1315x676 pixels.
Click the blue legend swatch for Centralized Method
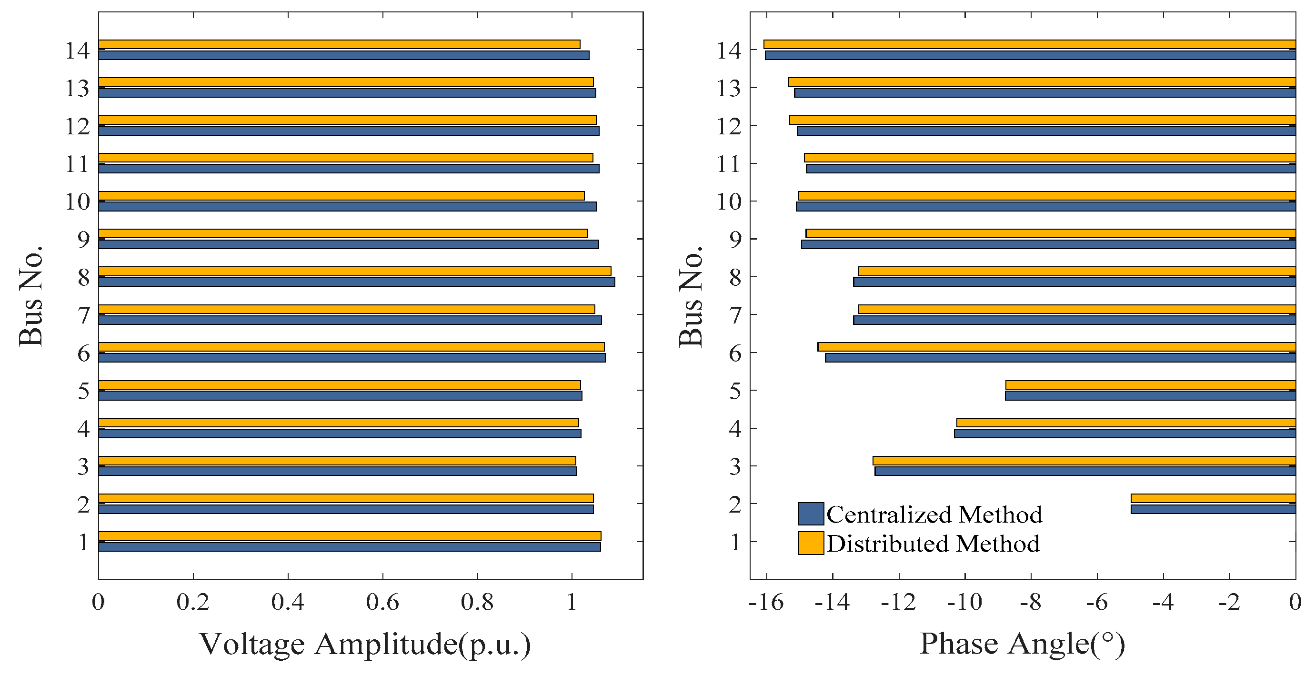pos(810,514)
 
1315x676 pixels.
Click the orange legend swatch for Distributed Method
pos(810,543)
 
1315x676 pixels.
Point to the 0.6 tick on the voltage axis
pos(382,603)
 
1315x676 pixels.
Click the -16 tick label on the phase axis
pos(766,603)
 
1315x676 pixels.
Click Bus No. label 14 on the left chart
pos(77,50)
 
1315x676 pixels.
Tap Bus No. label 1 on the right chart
pos(735,542)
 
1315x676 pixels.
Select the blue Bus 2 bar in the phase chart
pos(1213,509)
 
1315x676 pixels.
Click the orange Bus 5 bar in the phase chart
pos(1151,384)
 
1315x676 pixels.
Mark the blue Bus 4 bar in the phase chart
pos(1124,434)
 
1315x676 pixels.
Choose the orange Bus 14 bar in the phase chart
pos(1030,44)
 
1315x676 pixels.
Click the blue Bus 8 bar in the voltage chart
pos(356,282)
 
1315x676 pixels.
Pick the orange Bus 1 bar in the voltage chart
pos(350,536)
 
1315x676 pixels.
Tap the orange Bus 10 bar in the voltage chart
pos(341,195)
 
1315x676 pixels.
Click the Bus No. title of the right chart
pos(691,296)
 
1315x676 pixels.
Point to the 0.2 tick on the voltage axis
pos(193,603)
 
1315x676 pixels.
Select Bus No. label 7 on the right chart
pos(735,315)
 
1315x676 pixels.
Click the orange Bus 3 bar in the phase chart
pos(1084,461)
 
